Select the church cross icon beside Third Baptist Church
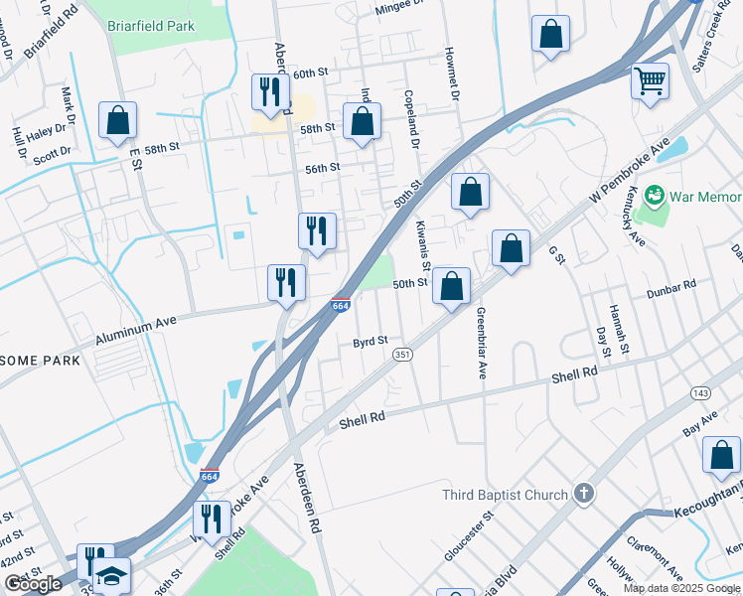(585, 493)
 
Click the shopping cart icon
(650, 80)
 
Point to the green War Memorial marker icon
(655, 194)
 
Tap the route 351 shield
(402, 355)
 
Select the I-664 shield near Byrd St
(340, 305)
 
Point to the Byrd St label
(370, 342)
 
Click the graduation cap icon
(111, 577)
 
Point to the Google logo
(33, 583)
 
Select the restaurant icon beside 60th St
(270, 91)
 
